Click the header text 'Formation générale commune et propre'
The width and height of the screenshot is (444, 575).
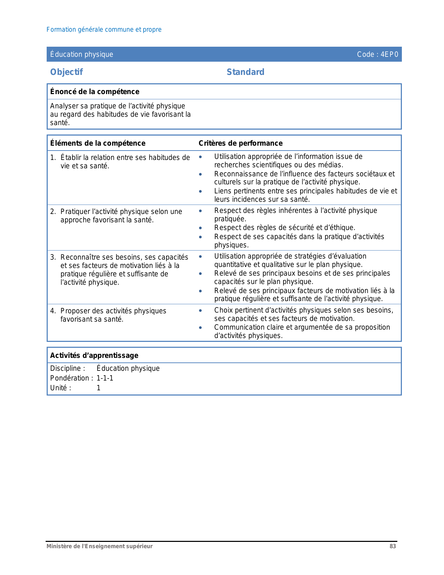point(104,30)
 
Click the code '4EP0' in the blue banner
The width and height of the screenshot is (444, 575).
point(389,54)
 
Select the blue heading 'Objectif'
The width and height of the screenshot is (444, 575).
point(67,72)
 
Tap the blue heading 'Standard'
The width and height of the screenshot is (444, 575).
point(246,72)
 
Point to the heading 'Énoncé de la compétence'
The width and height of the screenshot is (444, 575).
point(95,92)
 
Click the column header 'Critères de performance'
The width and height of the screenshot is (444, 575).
point(241,143)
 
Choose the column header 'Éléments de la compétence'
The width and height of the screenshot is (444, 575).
point(98,143)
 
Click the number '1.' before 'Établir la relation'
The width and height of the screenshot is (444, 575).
point(53,158)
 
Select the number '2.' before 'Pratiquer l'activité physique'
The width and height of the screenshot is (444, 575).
point(53,212)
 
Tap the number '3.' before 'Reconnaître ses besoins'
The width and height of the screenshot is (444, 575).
point(53,257)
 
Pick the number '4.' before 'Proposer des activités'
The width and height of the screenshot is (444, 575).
point(53,311)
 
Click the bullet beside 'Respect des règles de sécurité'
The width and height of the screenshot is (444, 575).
point(200,228)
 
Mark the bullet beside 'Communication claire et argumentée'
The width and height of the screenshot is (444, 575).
point(200,328)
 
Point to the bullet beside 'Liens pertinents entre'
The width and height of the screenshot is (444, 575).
point(200,191)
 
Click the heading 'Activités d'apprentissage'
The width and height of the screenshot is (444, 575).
point(94,355)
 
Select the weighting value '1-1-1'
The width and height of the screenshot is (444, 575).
point(105,378)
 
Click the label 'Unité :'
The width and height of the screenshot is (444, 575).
point(61,388)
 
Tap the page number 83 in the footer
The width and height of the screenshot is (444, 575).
point(392,546)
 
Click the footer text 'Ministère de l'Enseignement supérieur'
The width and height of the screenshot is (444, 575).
point(100,546)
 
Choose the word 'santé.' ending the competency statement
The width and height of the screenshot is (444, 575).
point(60,123)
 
